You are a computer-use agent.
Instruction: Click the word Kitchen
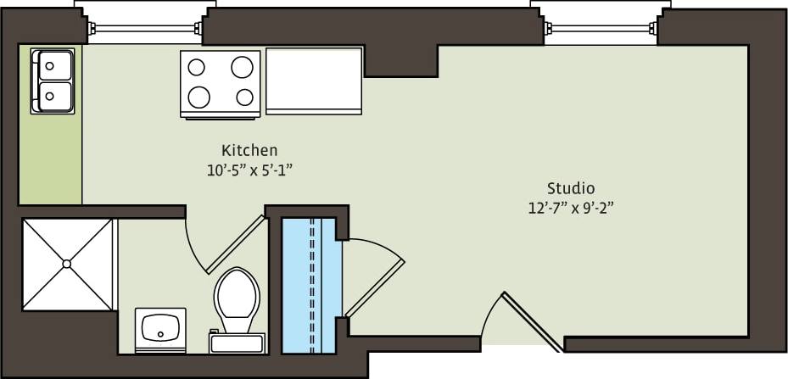coord(249,150)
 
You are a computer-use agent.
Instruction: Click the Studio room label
coord(570,188)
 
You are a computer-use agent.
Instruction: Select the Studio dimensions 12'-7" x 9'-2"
coord(570,207)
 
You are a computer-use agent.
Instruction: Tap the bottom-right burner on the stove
coord(244,97)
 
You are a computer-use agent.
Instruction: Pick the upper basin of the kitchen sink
coord(53,64)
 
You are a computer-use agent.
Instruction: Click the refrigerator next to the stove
coord(314,81)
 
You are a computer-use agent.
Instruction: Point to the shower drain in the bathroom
coord(67,264)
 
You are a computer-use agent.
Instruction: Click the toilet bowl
coord(237,297)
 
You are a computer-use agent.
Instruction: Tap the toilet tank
coord(237,343)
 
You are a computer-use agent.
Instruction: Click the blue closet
coord(310,284)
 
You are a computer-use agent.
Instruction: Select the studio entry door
coord(533,323)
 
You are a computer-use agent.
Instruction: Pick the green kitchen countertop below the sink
coord(50,161)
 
